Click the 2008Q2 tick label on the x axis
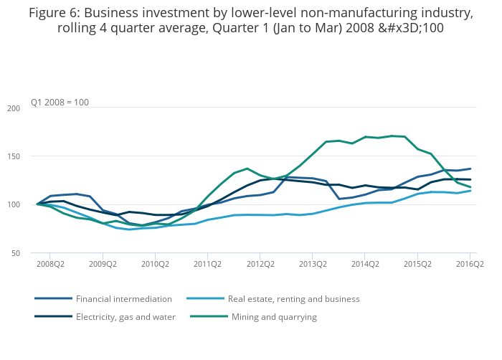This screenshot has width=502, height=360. (50, 264)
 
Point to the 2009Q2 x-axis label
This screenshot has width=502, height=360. (103, 264)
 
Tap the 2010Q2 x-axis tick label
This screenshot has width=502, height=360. (155, 264)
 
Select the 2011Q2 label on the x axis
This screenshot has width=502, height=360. (207, 264)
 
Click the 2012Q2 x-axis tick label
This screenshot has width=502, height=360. (260, 264)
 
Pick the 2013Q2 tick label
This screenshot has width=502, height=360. (313, 264)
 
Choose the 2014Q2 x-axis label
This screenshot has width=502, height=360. (365, 264)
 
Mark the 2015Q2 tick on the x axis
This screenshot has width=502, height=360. (417, 264)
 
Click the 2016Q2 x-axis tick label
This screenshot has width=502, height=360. (470, 264)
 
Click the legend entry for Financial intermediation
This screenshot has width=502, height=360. (123, 299)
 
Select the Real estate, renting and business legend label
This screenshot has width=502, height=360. (293, 299)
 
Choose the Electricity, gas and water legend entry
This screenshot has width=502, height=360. (126, 317)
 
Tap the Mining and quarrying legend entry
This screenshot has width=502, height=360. (274, 317)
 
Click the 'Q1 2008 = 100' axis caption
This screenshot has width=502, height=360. (60, 103)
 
